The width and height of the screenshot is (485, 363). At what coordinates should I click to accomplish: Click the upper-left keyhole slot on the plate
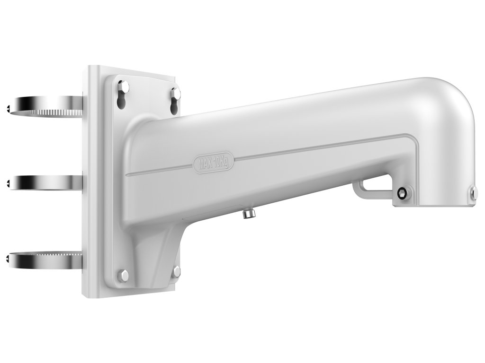[x=123, y=94]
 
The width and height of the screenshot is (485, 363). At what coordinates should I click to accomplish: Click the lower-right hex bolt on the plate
[x=176, y=271]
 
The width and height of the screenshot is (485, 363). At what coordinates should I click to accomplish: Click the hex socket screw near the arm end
[x=402, y=193]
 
